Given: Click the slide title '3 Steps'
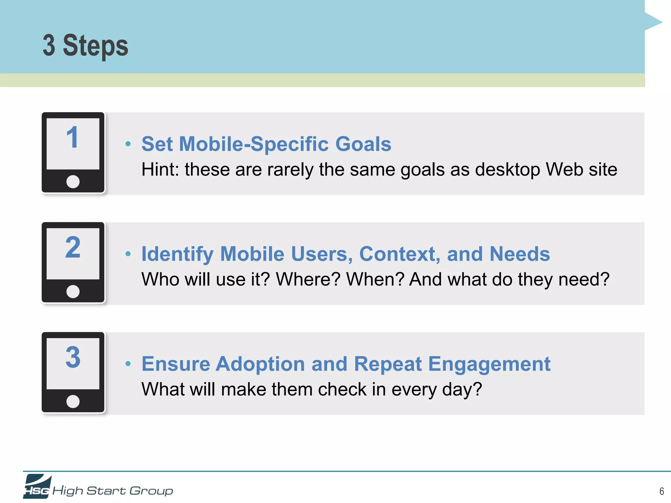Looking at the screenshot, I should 86,46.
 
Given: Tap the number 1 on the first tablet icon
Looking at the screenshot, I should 72,138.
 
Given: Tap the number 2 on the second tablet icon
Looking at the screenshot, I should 73,247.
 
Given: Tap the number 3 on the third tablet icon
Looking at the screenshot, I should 73,357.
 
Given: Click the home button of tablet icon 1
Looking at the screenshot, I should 73,181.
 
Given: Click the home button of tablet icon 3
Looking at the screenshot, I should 73,401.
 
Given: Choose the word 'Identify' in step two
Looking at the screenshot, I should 177,254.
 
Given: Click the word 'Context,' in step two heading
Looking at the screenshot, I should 400,254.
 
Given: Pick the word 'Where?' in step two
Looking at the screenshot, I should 308,279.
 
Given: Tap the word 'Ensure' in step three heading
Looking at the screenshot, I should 176,364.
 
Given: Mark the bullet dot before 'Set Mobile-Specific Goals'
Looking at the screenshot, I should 128,144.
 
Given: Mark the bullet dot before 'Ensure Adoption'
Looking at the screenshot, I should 128,363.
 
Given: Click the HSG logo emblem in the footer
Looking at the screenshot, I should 37,487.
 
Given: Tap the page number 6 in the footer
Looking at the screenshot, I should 661,491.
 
